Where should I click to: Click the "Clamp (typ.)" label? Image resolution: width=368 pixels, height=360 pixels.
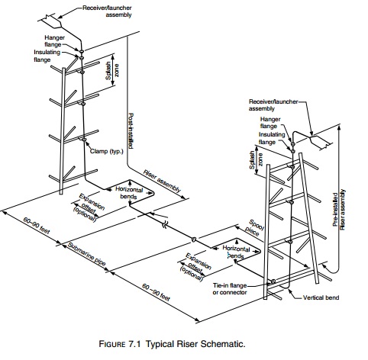coord(106,151)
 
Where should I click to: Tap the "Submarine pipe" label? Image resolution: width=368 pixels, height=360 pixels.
coord(86,254)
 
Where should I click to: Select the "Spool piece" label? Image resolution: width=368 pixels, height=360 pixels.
coord(254,227)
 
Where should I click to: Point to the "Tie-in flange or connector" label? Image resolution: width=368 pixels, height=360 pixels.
coord(230,289)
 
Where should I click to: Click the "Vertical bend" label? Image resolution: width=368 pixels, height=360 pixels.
coord(321,297)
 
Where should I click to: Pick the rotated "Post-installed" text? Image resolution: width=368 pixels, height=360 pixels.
coord(131,130)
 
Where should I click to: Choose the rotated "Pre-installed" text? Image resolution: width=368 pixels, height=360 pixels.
coord(335,209)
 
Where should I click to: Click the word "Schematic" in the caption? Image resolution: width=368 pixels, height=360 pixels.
coord(223,344)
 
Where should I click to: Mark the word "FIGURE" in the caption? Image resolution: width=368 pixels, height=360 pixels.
coord(112,344)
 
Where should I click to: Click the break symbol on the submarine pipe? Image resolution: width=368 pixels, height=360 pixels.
coord(165,224)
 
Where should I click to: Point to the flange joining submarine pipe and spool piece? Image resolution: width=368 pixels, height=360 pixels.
coord(194,239)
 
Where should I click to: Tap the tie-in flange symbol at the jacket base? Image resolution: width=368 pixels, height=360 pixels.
coord(273,281)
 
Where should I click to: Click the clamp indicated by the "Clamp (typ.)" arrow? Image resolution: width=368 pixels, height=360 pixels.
coord(82,139)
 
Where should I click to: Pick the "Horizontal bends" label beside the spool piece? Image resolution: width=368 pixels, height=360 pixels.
coord(236,252)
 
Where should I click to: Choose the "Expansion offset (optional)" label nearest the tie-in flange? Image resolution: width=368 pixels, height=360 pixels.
coord(195,267)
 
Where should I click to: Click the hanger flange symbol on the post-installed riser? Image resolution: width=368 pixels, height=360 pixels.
coord(82,51)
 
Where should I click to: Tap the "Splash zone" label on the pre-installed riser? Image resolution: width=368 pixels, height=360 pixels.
coord(256,160)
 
